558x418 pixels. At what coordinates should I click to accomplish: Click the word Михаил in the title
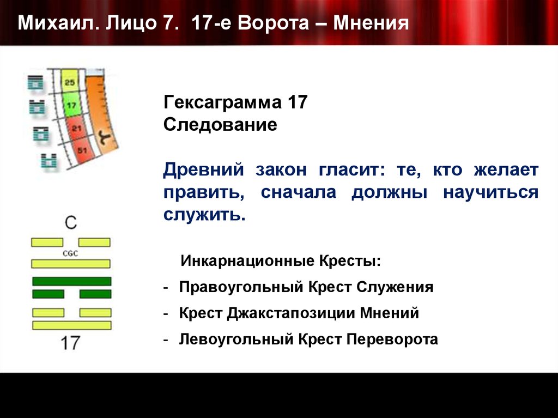click(52, 23)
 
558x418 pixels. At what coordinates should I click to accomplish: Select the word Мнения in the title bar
click(371, 23)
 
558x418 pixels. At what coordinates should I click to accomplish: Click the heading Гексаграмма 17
click(236, 102)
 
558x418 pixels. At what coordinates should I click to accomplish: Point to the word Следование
click(220, 125)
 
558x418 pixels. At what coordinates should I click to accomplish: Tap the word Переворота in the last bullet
click(397, 340)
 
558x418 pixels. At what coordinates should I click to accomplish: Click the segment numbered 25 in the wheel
click(70, 82)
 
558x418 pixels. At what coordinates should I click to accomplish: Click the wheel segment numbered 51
click(82, 150)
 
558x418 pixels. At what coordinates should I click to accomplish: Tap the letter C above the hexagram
click(71, 222)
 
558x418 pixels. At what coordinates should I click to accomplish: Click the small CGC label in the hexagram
click(71, 253)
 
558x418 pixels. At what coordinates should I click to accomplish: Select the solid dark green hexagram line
click(71, 281)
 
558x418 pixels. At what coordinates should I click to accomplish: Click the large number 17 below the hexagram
click(71, 343)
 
